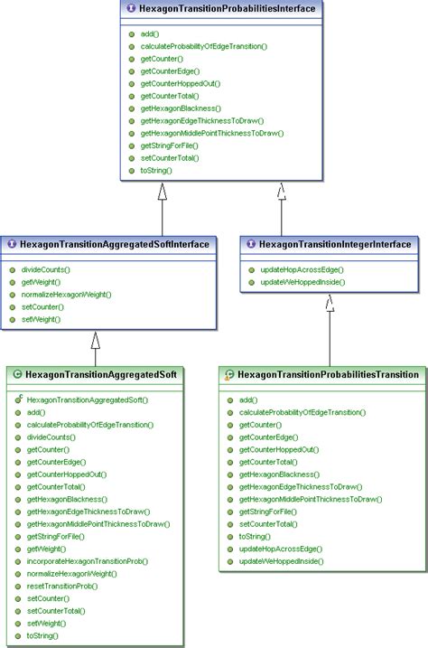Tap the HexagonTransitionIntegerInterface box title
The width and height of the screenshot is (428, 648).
click(x=334, y=244)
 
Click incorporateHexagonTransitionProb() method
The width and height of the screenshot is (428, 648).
click(x=87, y=561)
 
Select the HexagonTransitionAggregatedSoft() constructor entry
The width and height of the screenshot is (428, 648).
click(x=88, y=399)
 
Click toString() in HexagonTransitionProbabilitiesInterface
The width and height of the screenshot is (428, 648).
click(x=155, y=170)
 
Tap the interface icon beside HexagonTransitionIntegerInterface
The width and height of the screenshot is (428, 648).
click(x=251, y=244)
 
